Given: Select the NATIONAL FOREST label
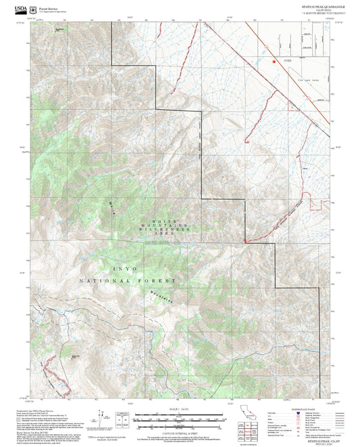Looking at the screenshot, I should coord(127,280).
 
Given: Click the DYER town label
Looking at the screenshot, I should coord(288,61).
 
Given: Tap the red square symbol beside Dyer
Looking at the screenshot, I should coord(274,61).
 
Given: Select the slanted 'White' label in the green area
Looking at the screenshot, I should coord(111,207).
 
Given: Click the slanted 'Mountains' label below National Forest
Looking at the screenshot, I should coord(157,296).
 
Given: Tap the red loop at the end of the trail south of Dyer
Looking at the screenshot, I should coord(246,141).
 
